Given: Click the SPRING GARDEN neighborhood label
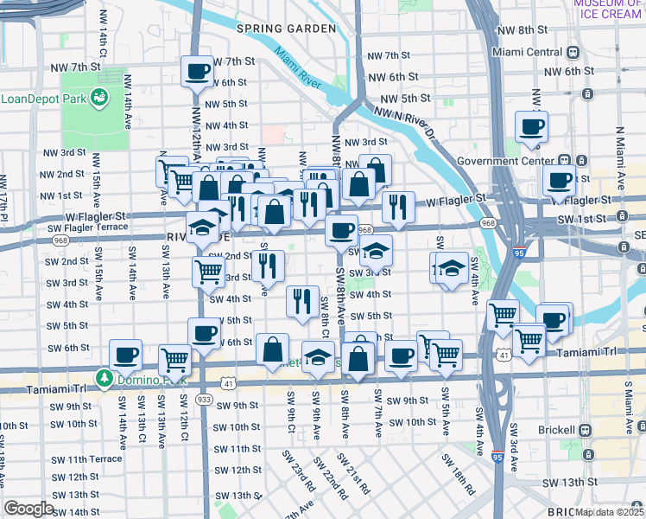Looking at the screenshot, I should (286, 29).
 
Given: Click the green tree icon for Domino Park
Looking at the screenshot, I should (104, 378).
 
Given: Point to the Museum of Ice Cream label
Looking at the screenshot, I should (607, 9).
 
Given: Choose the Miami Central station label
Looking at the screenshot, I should (527, 52).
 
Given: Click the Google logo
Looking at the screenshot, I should (29, 509).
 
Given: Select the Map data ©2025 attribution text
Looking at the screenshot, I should (609, 512).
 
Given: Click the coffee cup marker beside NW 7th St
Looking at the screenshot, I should (197, 72).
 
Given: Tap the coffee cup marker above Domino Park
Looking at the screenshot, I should (126, 355).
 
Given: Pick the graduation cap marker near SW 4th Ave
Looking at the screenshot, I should (451, 267).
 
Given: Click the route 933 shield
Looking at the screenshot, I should (204, 399).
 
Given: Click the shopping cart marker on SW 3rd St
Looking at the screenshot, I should (208, 272).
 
